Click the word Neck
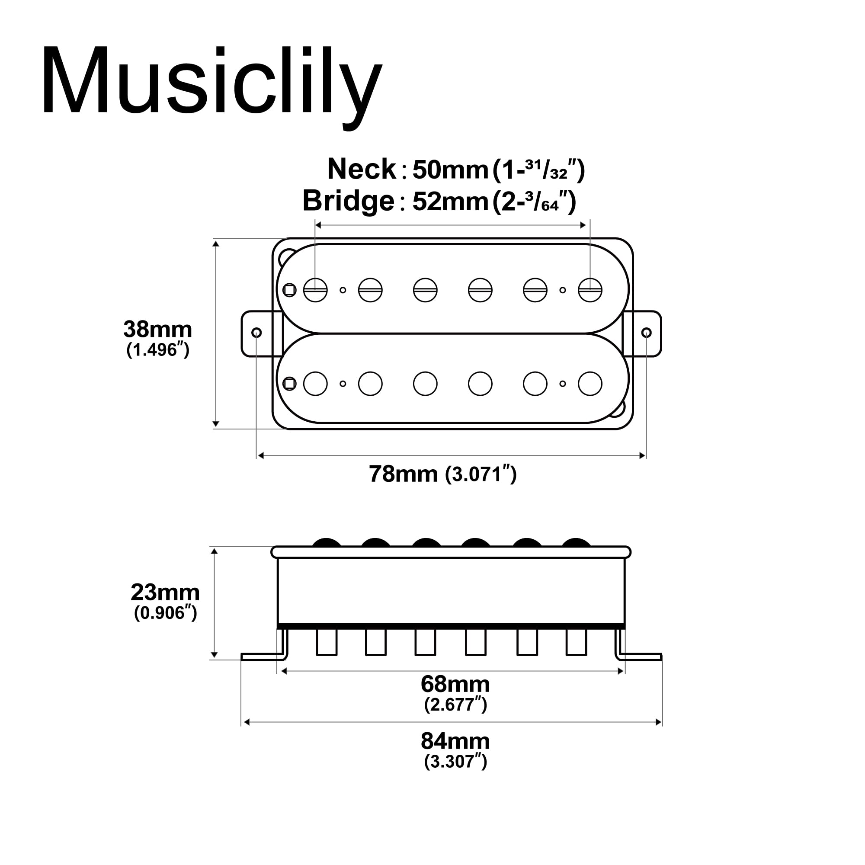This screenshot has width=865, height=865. tap(361, 169)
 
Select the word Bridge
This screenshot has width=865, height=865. tap(348, 201)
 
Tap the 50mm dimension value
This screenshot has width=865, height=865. tap(450, 170)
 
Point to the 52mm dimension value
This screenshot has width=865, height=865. tap(450, 201)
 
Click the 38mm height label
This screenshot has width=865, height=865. tap(157, 330)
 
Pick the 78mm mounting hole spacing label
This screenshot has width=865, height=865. tap(403, 474)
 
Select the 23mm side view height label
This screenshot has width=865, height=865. tap(165, 593)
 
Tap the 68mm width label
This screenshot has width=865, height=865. tap(455, 684)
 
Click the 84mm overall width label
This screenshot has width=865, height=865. tap(455, 741)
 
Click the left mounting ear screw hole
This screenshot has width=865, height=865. tap(256, 333)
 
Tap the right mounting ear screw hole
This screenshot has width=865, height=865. tap(646, 333)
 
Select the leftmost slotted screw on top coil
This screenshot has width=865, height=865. tap(315, 290)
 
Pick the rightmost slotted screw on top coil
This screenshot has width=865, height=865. tap(589, 290)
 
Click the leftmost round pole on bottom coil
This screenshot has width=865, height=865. tap(315, 384)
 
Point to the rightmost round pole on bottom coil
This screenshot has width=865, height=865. tap(589, 384)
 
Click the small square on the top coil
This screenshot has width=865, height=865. tap(290, 290)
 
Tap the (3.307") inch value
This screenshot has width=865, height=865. tap(455, 761)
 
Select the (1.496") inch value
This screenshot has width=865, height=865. tap(157, 349)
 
